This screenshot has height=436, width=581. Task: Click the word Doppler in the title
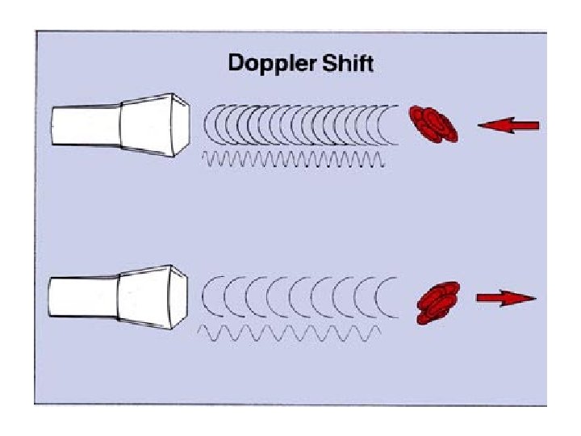[x=268, y=64]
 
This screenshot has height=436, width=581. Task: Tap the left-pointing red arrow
[x=508, y=125]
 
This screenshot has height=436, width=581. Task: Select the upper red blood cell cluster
[x=434, y=124]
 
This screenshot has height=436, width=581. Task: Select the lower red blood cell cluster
[x=437, y=302]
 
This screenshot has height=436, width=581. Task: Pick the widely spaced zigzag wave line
[x=295, y=332]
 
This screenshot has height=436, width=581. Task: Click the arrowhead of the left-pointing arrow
[x=487, y=125]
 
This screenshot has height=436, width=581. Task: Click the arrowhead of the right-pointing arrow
[x=525, y=298]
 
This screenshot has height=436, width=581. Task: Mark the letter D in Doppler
[x=236, y=63]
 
